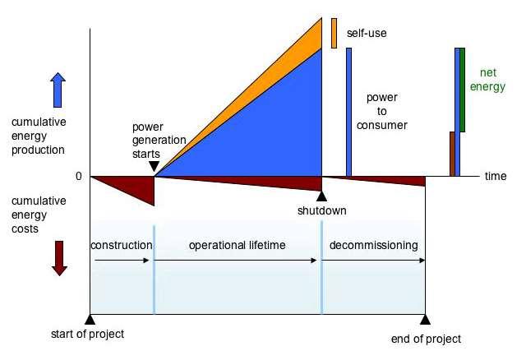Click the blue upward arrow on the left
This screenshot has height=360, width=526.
coord(58,90)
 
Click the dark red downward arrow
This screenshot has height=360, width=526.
coord(59,258)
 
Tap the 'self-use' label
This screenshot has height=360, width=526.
coord(367,33)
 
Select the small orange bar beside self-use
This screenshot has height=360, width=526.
coord(334,33)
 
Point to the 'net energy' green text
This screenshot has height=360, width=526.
coord(487,80)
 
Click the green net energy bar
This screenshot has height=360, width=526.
coord(462,90)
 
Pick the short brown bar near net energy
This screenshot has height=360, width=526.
coord(452,154)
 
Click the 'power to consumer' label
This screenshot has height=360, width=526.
coord(381,111)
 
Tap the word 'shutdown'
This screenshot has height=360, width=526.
coord(321,210)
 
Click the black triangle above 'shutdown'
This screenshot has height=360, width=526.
coord(321,197)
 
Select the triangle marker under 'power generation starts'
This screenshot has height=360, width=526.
coord(154,166)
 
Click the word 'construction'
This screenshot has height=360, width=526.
coord(122,245)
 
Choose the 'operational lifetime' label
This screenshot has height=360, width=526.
coord(238,245)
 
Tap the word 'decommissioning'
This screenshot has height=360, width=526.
coord(373,245)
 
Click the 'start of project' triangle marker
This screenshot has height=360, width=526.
coord(90,320)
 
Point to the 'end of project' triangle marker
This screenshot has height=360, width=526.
coord(425,320)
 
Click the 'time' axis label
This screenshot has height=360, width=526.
coord(496,176)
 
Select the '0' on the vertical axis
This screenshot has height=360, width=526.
coord(79,176)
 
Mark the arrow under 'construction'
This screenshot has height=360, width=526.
coord(122,261)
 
